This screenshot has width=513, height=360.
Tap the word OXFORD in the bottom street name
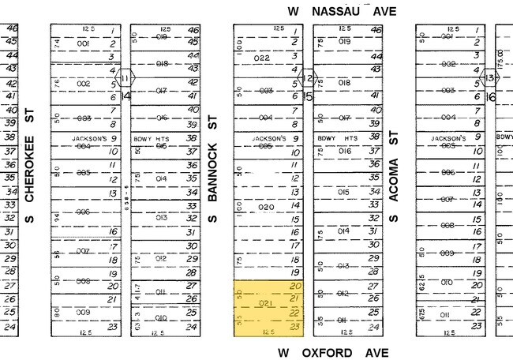(328, 352)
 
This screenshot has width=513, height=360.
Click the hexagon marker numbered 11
(126, 78)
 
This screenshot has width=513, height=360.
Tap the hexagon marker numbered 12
(309, 78)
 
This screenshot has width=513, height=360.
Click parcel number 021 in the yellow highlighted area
(265, 303)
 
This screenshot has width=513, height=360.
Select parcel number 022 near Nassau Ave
(262, 58)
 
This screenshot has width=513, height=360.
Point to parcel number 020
(265, 207)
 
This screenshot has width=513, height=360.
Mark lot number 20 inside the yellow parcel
(296, 286)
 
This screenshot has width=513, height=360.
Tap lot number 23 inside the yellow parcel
(296, 325)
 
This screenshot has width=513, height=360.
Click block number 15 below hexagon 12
(309, 97)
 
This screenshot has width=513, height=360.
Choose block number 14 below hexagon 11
(126, 96)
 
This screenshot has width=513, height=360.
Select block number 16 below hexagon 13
(490, 96)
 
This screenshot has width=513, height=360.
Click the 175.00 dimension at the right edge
(500, 59)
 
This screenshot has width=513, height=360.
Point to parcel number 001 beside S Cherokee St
(83, 44)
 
